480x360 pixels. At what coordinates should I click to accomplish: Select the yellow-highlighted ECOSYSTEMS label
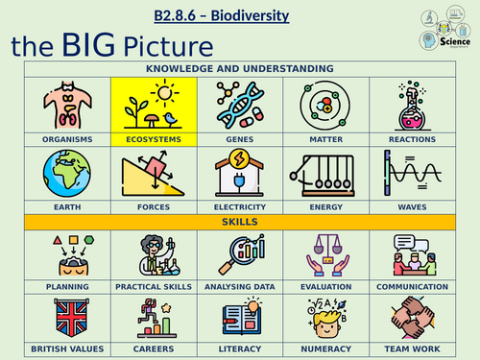pos(154,138)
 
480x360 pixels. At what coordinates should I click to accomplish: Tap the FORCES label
pos(154,206)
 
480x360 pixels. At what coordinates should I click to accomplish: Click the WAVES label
pos(413,206)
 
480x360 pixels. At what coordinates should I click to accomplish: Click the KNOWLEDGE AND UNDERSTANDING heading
pos(240,69)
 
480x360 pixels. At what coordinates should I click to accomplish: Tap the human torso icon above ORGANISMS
pos(67,105)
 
